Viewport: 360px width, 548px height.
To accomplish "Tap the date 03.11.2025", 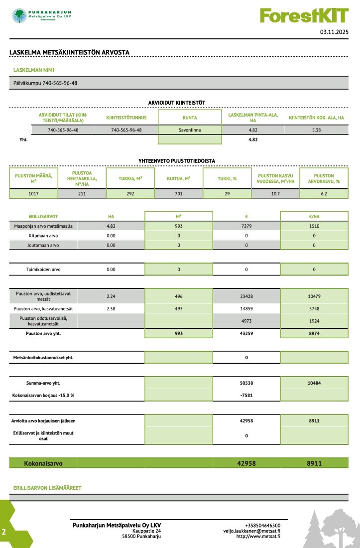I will tap(335, 32).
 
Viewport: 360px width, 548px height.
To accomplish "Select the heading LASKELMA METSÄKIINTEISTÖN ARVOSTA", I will tap(70, 52).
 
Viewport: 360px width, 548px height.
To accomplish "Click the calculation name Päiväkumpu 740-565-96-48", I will tap(45, 83).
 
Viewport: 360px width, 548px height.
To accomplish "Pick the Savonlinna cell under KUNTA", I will tap(190, 130).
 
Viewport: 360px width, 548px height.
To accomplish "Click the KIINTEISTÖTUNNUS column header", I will tap(126, 118).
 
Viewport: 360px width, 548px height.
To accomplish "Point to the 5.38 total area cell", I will tap(316, 130).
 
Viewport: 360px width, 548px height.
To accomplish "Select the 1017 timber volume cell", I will tap(33, 194).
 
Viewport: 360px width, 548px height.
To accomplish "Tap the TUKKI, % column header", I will tap(227, 178).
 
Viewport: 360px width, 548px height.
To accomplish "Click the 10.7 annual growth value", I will tap(275, 194).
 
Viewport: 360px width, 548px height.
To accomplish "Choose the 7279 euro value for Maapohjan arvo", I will tap(246, 226).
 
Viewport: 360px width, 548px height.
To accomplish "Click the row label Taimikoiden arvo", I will tap(43, 270).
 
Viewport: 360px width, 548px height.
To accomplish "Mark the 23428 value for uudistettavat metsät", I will tap(246, 296).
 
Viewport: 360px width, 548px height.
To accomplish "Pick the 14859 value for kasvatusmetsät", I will tap(246, 309).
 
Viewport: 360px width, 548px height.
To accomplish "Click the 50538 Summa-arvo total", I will tap(246, 383).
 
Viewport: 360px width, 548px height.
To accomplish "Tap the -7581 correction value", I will tap(246, 396).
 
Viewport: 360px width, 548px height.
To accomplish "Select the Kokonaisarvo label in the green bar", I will tap(43, 463).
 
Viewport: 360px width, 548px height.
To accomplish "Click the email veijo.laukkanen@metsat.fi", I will tap(251, 531).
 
